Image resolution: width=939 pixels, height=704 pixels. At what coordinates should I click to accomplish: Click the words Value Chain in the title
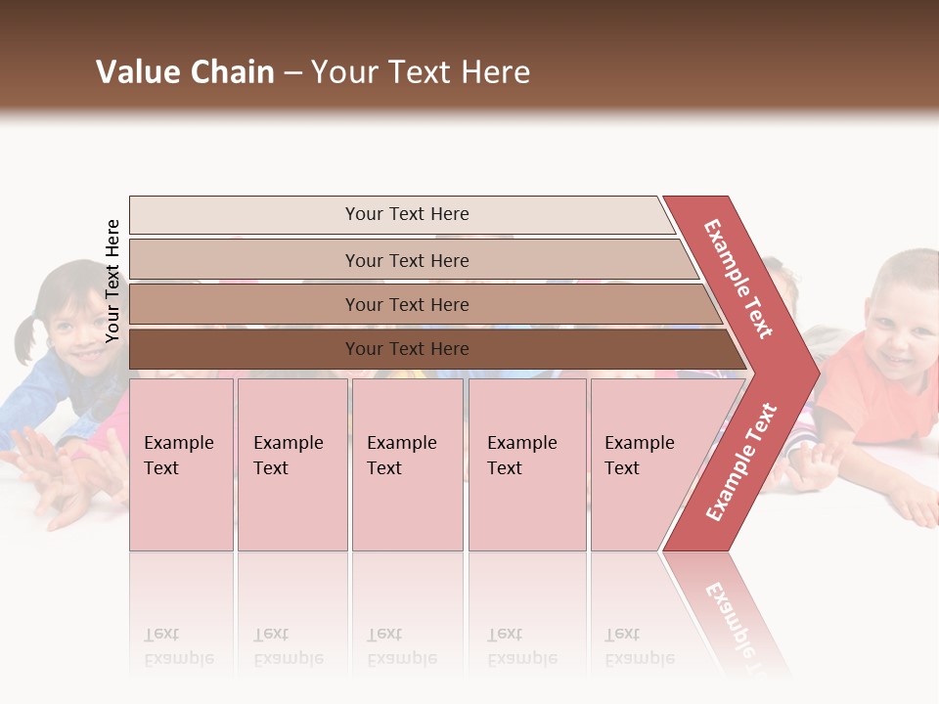(x=185, y=72)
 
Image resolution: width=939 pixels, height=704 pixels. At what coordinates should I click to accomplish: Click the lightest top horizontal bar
(x=406, y=214)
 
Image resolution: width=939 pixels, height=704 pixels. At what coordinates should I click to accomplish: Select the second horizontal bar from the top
(x=406, y=260)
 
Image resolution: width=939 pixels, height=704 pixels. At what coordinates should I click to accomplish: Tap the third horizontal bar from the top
(x=406, y=304)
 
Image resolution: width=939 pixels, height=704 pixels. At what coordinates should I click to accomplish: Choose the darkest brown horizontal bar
(x=406, y=349)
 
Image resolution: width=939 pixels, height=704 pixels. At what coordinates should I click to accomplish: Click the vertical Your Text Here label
(x=112, y=282)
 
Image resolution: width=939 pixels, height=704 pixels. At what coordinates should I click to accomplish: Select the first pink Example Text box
(x=181, y=464)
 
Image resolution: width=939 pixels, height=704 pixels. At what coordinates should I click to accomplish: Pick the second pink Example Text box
(x=291, y=464)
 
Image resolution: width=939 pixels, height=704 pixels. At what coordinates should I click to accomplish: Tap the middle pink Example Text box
(x=407, y=464)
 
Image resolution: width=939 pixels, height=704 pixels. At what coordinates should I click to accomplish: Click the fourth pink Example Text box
(x=527, y=464)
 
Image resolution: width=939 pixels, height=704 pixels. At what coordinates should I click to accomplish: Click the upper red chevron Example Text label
(x=738, y=279)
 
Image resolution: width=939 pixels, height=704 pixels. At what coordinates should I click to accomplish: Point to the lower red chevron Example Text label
(x=740, y=462)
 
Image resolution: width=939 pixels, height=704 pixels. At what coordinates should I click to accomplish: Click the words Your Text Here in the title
(x=421, y=72)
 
